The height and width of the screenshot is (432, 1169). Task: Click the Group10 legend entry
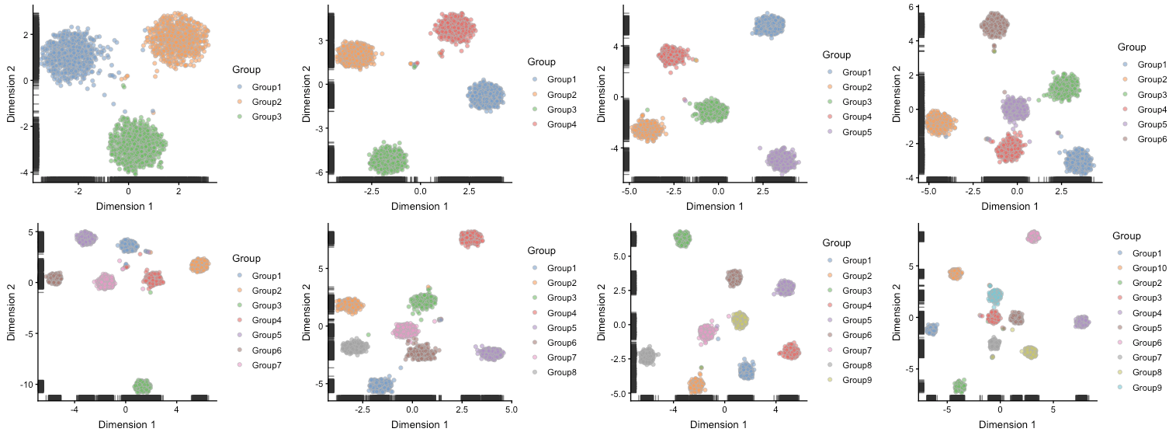1148,268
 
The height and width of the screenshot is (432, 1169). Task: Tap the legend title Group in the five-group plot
836,55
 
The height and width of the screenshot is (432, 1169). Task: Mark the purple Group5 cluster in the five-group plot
782,160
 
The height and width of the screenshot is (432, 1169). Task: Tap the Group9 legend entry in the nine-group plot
857,380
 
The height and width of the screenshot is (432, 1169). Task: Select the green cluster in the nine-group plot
682,239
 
